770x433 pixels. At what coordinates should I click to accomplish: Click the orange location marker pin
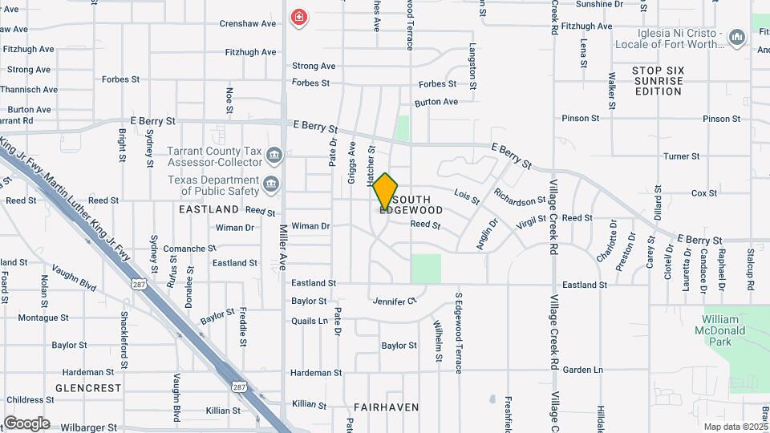pos(385,191)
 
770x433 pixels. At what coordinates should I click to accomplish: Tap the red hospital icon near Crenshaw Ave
pos(298,17)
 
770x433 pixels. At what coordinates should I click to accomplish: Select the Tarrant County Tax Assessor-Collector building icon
pos(274,155)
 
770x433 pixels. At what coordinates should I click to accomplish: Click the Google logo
pos(26,423)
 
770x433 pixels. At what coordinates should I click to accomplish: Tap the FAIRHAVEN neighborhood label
pos(386,407)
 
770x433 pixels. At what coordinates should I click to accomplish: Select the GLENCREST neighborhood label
pos(88,388)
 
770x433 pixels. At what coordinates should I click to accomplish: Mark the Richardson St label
pos(520,196)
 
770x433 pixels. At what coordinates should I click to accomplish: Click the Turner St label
pos(683,156)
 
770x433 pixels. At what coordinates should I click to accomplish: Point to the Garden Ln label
pos(582,370)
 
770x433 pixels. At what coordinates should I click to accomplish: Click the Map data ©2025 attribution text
pos(734,427)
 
